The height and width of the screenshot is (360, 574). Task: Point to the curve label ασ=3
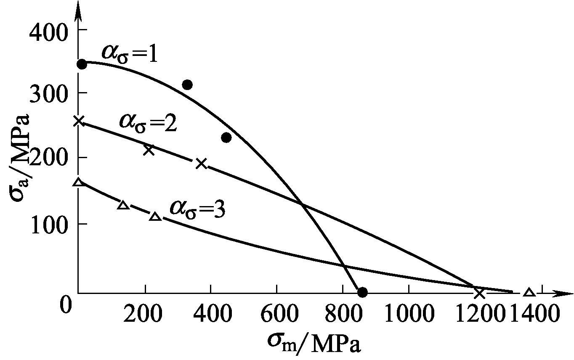(x=197, y=208)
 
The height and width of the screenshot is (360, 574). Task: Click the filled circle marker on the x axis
(x=362, y=292)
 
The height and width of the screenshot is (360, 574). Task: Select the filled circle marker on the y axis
(x=82, y=64)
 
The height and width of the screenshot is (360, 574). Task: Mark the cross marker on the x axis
(x=479, y=293)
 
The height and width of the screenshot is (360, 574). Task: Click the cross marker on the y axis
(x=79, y=121)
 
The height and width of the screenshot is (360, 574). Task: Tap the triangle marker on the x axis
(x=529, y=293)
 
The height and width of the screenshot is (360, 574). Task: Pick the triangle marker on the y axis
(x=78, y=183)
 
